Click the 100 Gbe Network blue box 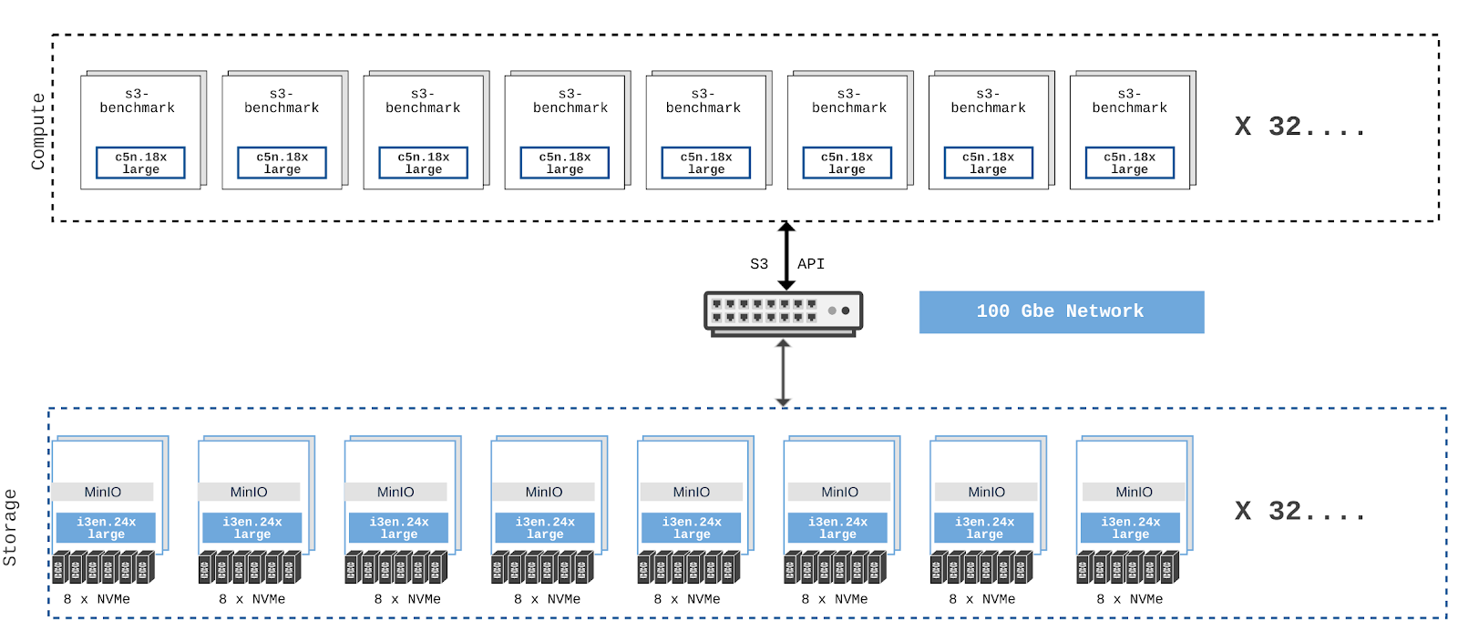(x=1061, y=311)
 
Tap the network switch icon (x=783, y=312)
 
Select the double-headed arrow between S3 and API (x=786, y=255)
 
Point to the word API (x=811, y=264)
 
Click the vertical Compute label (x=37, y=131)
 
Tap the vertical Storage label (x=10, y=527)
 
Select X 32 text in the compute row (x=1299, y=127)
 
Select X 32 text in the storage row (x=1299, y=512)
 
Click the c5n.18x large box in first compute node (x=141, y=163)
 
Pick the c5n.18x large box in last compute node (x=1130, y=163)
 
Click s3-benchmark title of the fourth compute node (x=570, y=100)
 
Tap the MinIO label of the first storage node (x=103, y=492)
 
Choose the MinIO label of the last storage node (x=1134, y=492)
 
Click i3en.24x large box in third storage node (x=399, y=528)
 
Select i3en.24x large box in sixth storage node (x=837, y=528)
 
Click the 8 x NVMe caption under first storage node (x=97, y=599)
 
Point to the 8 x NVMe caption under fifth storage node (x=687, y=599)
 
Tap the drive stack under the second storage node (x=250, y=567)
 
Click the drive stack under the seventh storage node (x=981, y=567)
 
